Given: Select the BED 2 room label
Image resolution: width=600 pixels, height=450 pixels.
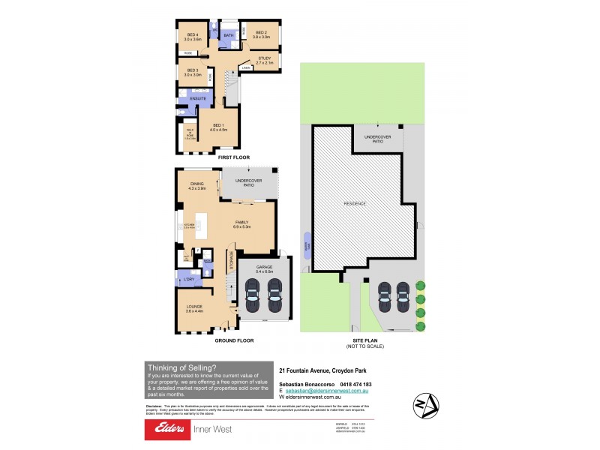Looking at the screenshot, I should pos(261,33).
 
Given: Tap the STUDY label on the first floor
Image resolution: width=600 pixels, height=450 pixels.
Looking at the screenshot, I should pos(264,58).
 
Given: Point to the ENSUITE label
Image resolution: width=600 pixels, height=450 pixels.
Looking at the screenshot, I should pos(198,98).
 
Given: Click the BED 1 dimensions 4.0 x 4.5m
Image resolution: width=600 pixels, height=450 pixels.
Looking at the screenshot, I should pos(218,130).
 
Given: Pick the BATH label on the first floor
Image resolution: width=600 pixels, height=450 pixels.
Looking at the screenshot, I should pos(229,35).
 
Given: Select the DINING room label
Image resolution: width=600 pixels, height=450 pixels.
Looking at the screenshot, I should pos(196,184).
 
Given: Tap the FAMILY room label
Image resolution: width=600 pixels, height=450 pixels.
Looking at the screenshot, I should pos(241,222).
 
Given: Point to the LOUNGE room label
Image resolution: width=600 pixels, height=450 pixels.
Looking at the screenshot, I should pos(193,306).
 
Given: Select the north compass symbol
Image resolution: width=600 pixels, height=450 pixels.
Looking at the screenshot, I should pos(424,406).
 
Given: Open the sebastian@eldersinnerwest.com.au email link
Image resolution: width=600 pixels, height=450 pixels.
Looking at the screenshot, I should pos(325,391).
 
